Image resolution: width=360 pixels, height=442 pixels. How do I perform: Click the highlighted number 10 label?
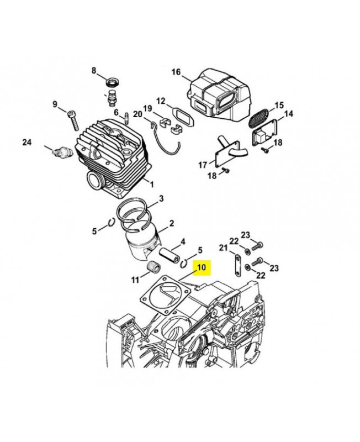(x=201, y=268)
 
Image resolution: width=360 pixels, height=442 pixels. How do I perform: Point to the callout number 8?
(x=94, y=70)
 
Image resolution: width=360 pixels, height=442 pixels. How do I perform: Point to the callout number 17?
(x=203, y=165)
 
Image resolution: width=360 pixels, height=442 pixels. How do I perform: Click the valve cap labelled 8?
(x=113, y=83)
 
